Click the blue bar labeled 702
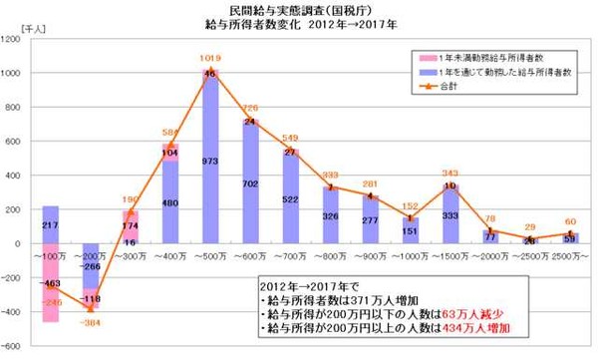[251, 184]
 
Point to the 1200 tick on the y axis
[15, 39]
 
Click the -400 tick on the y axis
[15, 313]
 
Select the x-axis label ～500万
[209, 257]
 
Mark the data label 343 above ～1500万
[450, 174]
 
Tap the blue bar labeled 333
[450, 215]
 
